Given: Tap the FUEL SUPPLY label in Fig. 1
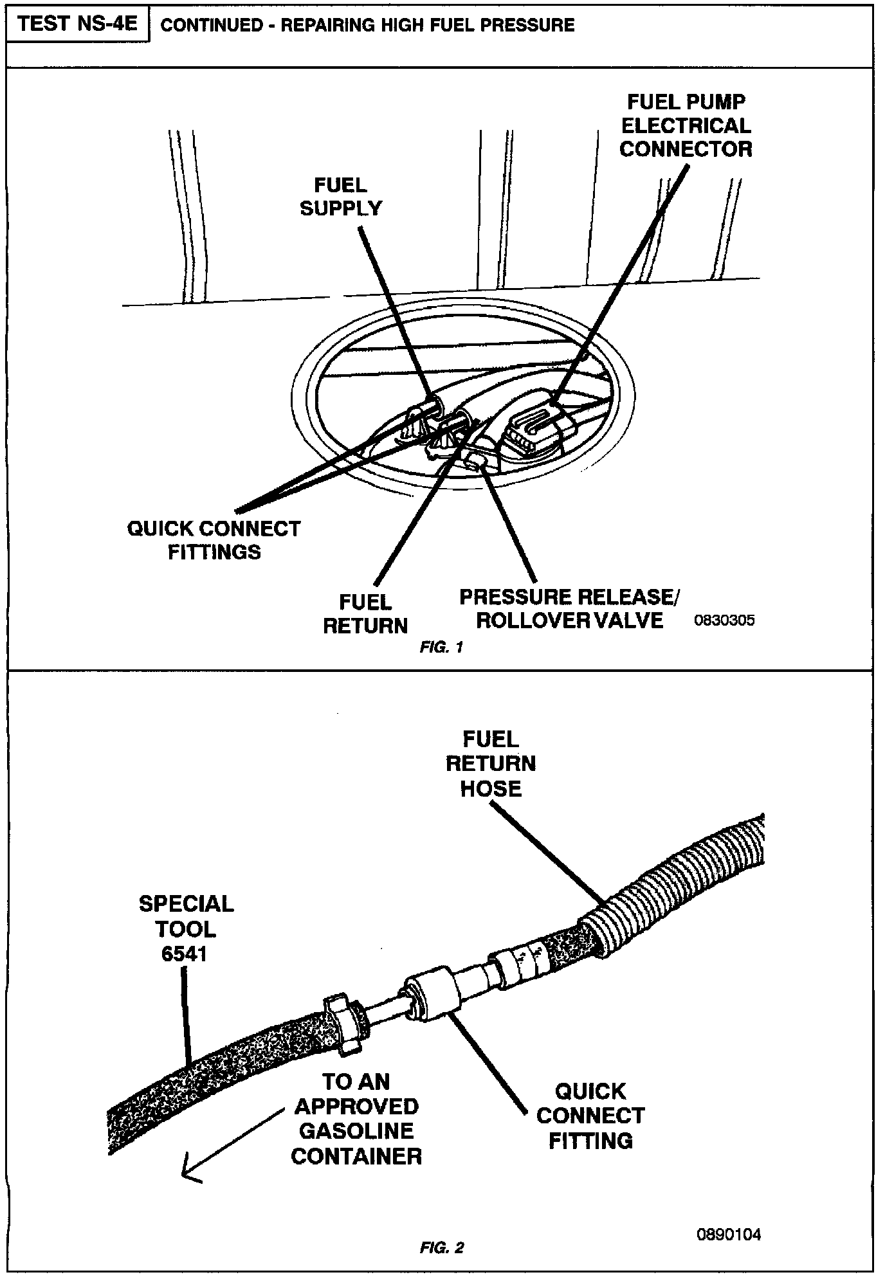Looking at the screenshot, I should click(x=341, y=197).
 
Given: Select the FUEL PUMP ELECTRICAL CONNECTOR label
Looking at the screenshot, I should click(x=686, y=125).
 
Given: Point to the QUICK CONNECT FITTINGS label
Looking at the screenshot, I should click(x=214, y=540).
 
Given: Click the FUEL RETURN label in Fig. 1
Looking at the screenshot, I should click(x=365, y=614).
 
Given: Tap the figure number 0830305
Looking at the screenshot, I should click(x=724, y=620).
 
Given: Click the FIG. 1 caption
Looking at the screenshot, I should click(x=441, y=648).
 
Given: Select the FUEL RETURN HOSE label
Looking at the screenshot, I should click(x=491, y=764).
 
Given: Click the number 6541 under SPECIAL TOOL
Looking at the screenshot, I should click(x=185, y=954).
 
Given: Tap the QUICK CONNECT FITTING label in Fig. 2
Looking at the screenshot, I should click(x=590, y=1116).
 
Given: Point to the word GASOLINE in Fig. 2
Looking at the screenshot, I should click(x=356, y=1131).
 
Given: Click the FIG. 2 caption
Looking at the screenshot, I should click(x=441, y=1248).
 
